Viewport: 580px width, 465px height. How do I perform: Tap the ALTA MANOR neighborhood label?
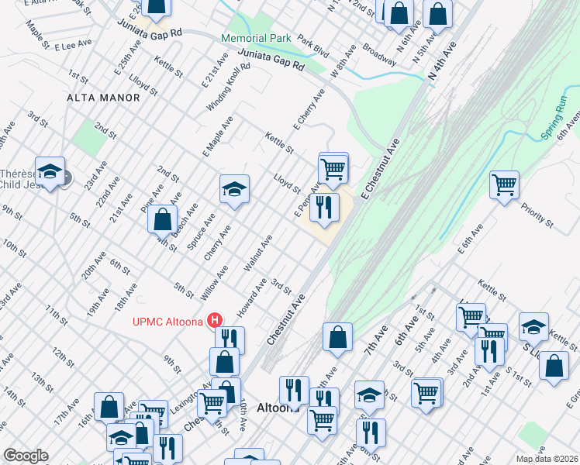click(x=103, y=98)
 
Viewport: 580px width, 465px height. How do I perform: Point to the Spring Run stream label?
click(x=558, y=128)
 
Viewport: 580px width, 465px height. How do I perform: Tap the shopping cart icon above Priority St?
click(x=504, y=185)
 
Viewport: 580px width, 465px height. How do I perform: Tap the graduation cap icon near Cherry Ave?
click(x=233, y=189)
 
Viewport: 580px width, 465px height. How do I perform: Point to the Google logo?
click(x=26, y=456)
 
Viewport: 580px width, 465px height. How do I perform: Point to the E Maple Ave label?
click(x=218, y=136)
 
